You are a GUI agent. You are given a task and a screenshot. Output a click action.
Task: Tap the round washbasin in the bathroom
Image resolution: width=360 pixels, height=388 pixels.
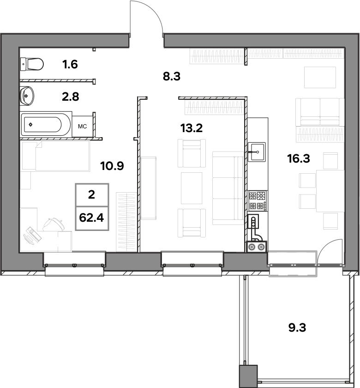pos(27,96)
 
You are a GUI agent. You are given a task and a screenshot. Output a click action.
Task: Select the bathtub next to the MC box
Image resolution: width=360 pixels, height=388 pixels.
pos(41,124)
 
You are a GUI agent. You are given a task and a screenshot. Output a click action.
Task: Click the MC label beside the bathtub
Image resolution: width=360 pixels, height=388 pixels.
pos(82,127)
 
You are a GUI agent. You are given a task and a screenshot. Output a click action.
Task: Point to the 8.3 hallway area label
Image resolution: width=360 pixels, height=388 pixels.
pos(172,77)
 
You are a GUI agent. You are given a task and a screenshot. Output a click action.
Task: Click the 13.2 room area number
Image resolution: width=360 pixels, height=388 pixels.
pos(192,128)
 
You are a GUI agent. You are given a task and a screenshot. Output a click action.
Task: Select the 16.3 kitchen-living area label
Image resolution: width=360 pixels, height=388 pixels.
pos(299,158)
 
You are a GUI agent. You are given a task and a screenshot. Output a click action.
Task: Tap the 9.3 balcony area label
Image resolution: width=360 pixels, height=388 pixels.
pos(297,327)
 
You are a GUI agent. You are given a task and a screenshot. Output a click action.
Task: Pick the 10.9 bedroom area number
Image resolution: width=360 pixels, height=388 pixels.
pos(112,166)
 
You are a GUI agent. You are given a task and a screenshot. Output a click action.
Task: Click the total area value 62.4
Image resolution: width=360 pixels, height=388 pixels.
pos(91,218)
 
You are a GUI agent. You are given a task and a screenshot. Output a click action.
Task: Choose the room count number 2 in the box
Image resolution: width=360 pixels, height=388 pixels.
pos(91,195)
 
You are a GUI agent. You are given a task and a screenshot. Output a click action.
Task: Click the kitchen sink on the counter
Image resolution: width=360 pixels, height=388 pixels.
pos(257,152)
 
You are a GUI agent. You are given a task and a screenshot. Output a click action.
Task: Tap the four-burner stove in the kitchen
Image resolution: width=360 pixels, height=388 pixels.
pos(258,200)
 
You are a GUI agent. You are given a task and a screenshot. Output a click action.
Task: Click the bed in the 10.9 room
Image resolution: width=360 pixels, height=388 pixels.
pos(56,156)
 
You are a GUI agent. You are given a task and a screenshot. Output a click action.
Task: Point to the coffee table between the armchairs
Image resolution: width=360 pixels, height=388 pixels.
pos(192,188)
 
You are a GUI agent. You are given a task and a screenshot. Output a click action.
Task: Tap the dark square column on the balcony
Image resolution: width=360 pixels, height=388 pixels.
pos(248,376)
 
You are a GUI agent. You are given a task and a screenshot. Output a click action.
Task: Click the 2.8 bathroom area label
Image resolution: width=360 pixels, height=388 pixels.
pos(71,97)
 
